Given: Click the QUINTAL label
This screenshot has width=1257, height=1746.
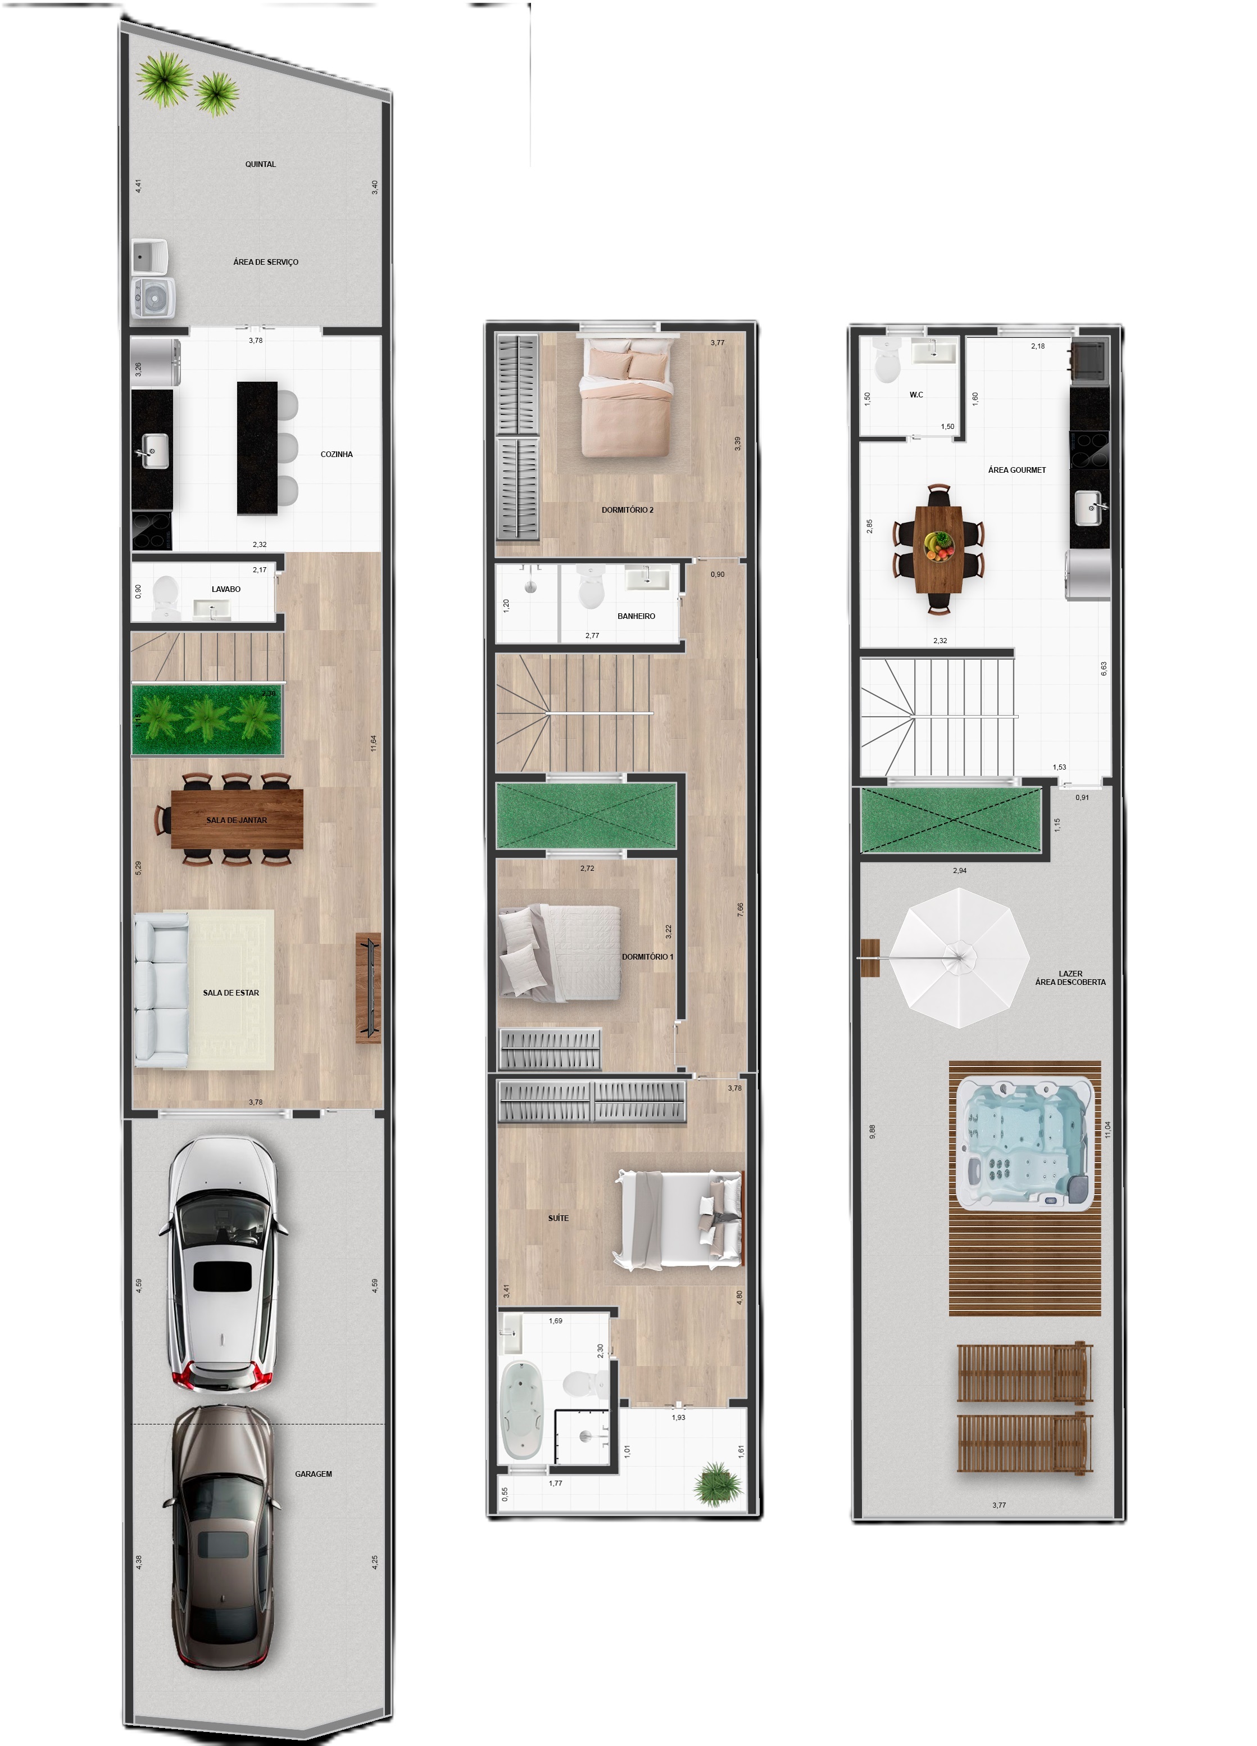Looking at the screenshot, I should (260, 164).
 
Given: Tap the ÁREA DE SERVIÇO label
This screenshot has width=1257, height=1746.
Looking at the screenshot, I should (266, 262).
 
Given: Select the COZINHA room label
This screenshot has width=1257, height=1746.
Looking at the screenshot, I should (337, 454).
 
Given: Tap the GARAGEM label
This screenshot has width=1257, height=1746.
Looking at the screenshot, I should (314, 1473).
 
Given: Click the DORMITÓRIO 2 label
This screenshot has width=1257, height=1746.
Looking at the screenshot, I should (627, 510).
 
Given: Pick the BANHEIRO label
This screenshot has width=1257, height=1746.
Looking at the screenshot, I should (636, 616).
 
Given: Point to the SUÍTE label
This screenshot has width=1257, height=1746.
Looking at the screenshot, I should (558, 1218).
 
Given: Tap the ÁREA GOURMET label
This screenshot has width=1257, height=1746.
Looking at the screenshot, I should (1017, 469).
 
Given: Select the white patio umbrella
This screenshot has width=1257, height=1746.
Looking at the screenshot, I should (961, 958).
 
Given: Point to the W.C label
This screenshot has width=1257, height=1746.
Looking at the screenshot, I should (916, 395).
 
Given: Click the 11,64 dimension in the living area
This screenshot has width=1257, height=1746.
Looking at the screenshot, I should (373, 743).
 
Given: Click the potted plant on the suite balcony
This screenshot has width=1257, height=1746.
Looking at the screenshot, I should (718, 1483).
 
